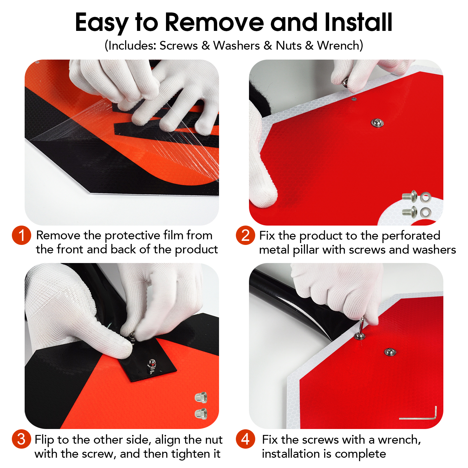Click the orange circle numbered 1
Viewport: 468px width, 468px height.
point(22,235)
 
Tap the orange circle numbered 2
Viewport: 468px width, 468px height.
point(246,235)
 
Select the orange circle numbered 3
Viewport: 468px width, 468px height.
point(22,439)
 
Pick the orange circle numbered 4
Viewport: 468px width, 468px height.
point(246,439)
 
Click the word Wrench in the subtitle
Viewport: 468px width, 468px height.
point(339,46)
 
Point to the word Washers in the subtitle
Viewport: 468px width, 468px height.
point(236,46)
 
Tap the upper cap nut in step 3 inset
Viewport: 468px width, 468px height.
point(201,397)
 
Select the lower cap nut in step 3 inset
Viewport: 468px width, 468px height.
point(201,413)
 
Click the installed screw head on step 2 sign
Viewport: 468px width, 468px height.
point(378,123)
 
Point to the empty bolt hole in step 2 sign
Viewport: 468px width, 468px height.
point(353,99)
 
